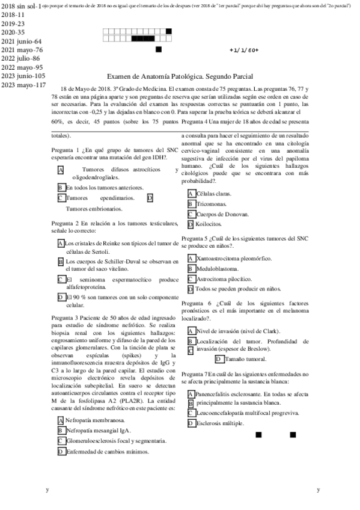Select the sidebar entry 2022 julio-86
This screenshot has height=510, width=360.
pos(21,58)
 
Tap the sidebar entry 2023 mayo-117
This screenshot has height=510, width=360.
pos(23,85)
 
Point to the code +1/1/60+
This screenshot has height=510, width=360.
pos(244,50)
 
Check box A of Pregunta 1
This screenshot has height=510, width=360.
pos(61,171)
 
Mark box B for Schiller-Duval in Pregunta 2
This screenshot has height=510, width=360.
pos(61,262)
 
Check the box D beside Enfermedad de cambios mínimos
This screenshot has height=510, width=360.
pos(61,452)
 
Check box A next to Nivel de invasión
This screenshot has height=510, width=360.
pos(191,331)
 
